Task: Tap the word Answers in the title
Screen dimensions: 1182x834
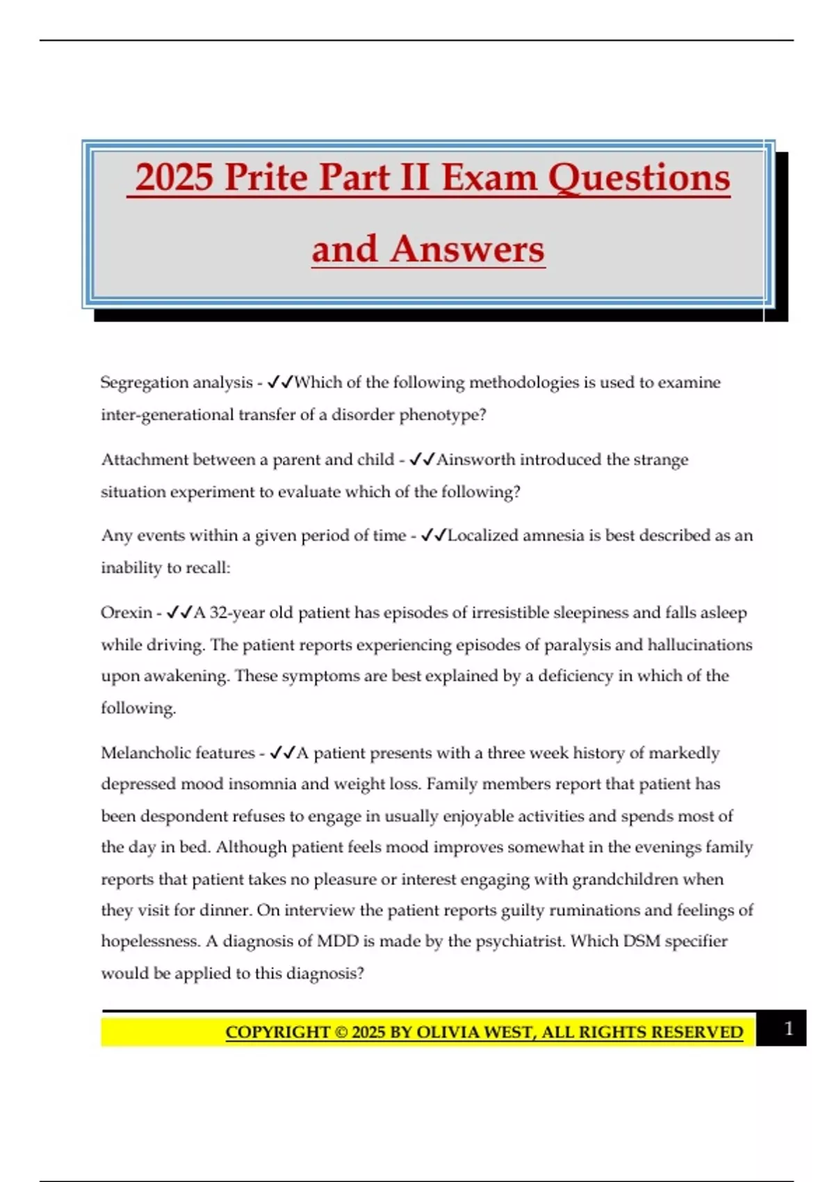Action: point(467,249)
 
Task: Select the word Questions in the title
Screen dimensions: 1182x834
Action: point(639,177)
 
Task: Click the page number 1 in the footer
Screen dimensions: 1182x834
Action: point(788,1028)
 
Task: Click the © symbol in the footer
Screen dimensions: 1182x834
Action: point(341,1032)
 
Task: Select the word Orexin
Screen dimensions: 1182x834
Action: point(126,613)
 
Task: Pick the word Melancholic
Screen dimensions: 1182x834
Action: point(143,753)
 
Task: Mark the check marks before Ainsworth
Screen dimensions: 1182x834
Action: point(422,460)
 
